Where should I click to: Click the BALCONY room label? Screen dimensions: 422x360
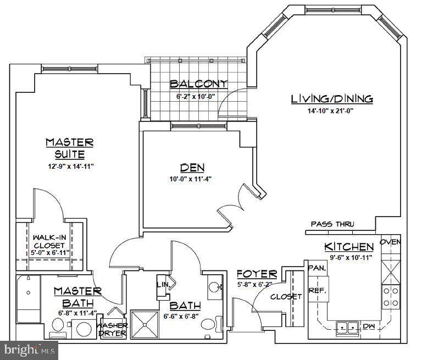point(198,84)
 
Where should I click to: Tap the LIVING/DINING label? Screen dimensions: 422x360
point(332,99)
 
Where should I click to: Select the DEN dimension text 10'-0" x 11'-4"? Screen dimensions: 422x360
point(190,179)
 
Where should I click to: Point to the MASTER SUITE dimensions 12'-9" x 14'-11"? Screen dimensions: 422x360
point(71,166)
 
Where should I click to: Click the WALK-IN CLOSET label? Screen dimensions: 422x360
point(49,241)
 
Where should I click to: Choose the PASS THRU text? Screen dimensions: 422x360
point(332,224)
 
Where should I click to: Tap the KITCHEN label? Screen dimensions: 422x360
point(349,247)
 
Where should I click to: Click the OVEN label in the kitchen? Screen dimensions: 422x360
point(390,242)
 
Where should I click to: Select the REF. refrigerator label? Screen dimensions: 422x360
point(318,291)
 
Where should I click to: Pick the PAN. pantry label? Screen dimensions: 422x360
point(317,268)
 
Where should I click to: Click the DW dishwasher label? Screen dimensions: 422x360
point(369,326)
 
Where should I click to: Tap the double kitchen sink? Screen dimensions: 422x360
point(347,328)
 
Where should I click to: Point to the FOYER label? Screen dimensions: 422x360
point(257,274)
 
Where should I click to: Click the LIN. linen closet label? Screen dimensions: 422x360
point(163,284)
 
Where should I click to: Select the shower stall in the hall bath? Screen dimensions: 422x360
point(145,324)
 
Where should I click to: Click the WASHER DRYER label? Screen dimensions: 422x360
point(112,329)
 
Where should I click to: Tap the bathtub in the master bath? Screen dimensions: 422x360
point(29,298)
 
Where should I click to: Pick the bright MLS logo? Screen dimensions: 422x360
point(29,350)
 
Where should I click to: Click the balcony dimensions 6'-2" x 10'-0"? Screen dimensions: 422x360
point(196,96)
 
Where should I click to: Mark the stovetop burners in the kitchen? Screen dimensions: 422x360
point(391,297)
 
